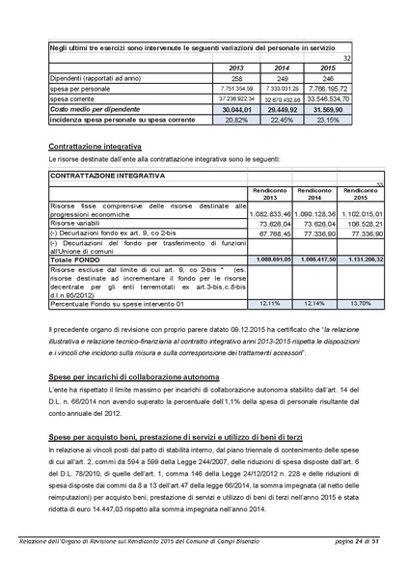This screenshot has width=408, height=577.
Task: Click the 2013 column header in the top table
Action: click(236, 68)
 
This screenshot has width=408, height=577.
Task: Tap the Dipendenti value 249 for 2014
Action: click(282, 78)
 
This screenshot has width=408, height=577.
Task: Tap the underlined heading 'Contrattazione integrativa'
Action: click(95, 146)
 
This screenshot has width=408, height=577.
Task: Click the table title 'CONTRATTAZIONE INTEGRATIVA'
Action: click(107, 177)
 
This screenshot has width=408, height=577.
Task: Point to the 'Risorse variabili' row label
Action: click(77, 223)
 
